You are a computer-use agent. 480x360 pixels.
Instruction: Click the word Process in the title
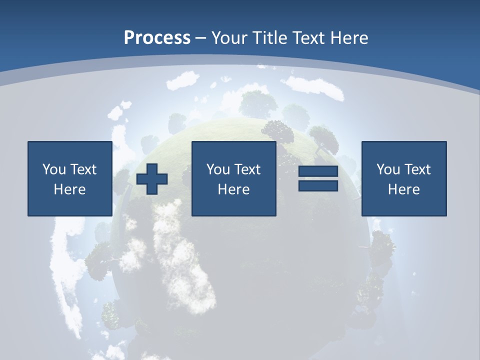click(x=157, y=38)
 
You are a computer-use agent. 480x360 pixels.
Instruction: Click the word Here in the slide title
click(x=349, y=38)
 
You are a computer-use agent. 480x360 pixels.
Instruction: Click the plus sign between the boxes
click(x=152, y=179)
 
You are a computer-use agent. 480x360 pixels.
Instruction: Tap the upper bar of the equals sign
click(x=318, y=172)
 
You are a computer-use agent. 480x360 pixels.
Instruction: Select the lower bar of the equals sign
click(x=318, y=186)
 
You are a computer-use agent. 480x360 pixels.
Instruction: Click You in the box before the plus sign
click(x=54, y=169)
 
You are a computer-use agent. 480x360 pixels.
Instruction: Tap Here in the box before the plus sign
click(x=69, y=189)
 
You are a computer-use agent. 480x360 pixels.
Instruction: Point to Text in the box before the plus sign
click(x=83, y=169)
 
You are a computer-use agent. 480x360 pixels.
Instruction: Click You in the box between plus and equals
click(x=218, y=169)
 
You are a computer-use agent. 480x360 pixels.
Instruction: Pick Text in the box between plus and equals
click(x=247, y=169)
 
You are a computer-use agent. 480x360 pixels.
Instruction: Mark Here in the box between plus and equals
click(x=233, y=189)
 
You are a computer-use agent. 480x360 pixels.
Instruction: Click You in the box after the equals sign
click(x=388, y=169)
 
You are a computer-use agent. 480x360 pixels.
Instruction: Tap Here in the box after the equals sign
click(x=403, y=189)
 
